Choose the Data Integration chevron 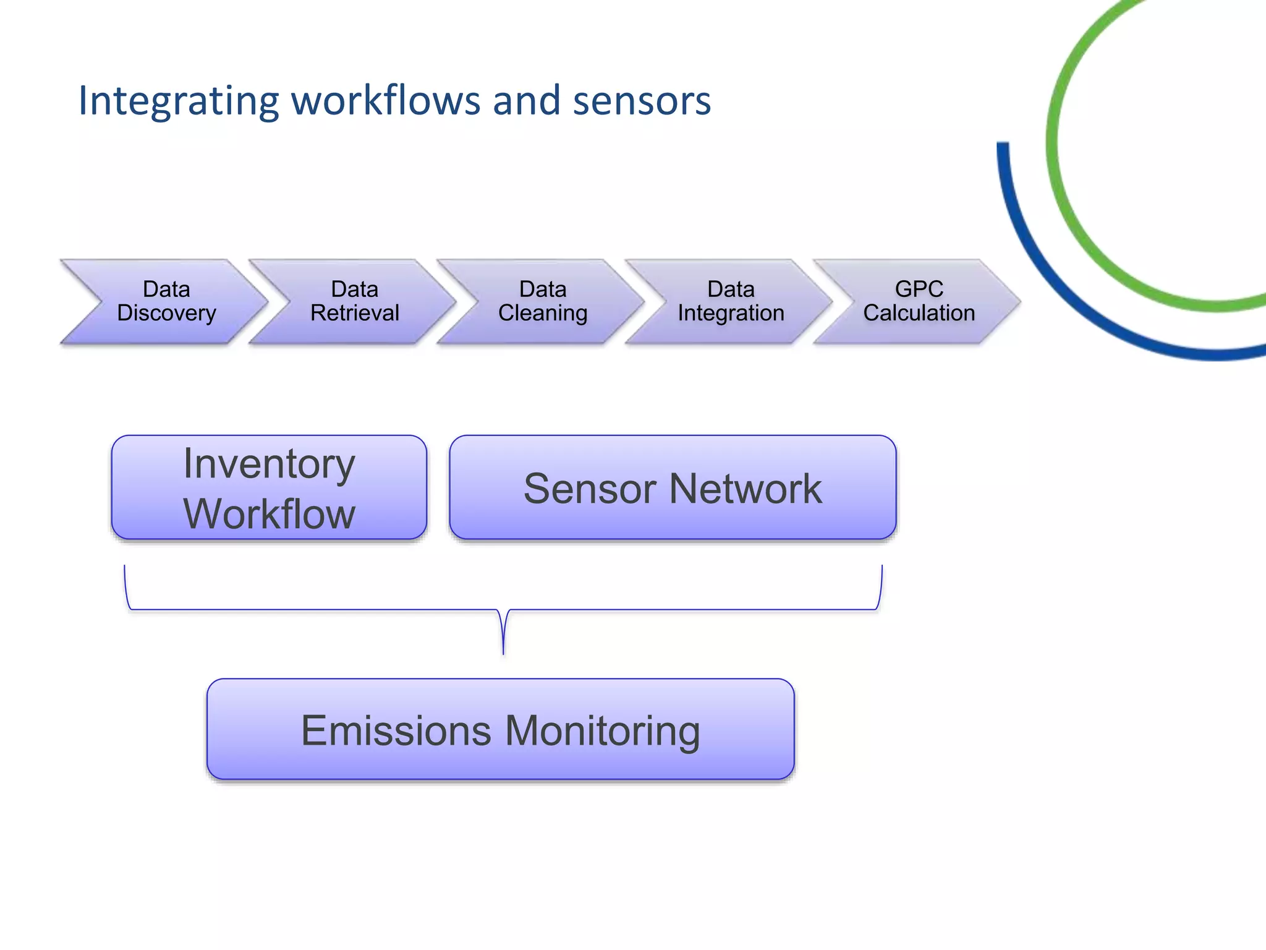(730, 301)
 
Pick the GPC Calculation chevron (919, 301)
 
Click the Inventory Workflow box (269, 487)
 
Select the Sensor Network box (673, 487)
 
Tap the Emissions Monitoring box (500, 729)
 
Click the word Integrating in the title (177, 101)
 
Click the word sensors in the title (642, 101)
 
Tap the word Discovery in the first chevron (166, 314)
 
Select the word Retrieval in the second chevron (354, 313)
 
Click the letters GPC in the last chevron (919, 289)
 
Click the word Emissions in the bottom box (396, 730)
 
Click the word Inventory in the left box (269, 464)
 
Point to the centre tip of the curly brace (503, 654)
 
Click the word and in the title (526, 100)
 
